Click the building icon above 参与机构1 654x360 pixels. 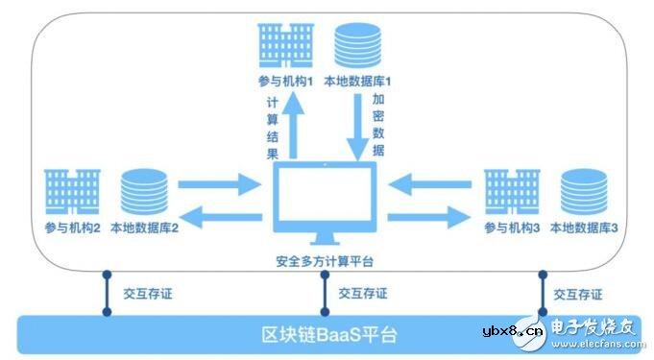pos(286,45)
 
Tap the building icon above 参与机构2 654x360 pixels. pos(73,190)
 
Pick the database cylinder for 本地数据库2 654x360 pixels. pos(144,191)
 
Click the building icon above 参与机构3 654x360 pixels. pos(512,191)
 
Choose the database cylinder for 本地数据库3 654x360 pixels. pos(584,191)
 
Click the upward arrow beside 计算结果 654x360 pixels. pos(296,125)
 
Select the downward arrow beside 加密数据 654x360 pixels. pos(357,126)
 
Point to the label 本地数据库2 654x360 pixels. pos(145,228)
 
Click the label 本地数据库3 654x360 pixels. pos(586,228)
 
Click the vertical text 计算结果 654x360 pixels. pos(272,125)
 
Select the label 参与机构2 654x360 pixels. pos(73,228)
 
